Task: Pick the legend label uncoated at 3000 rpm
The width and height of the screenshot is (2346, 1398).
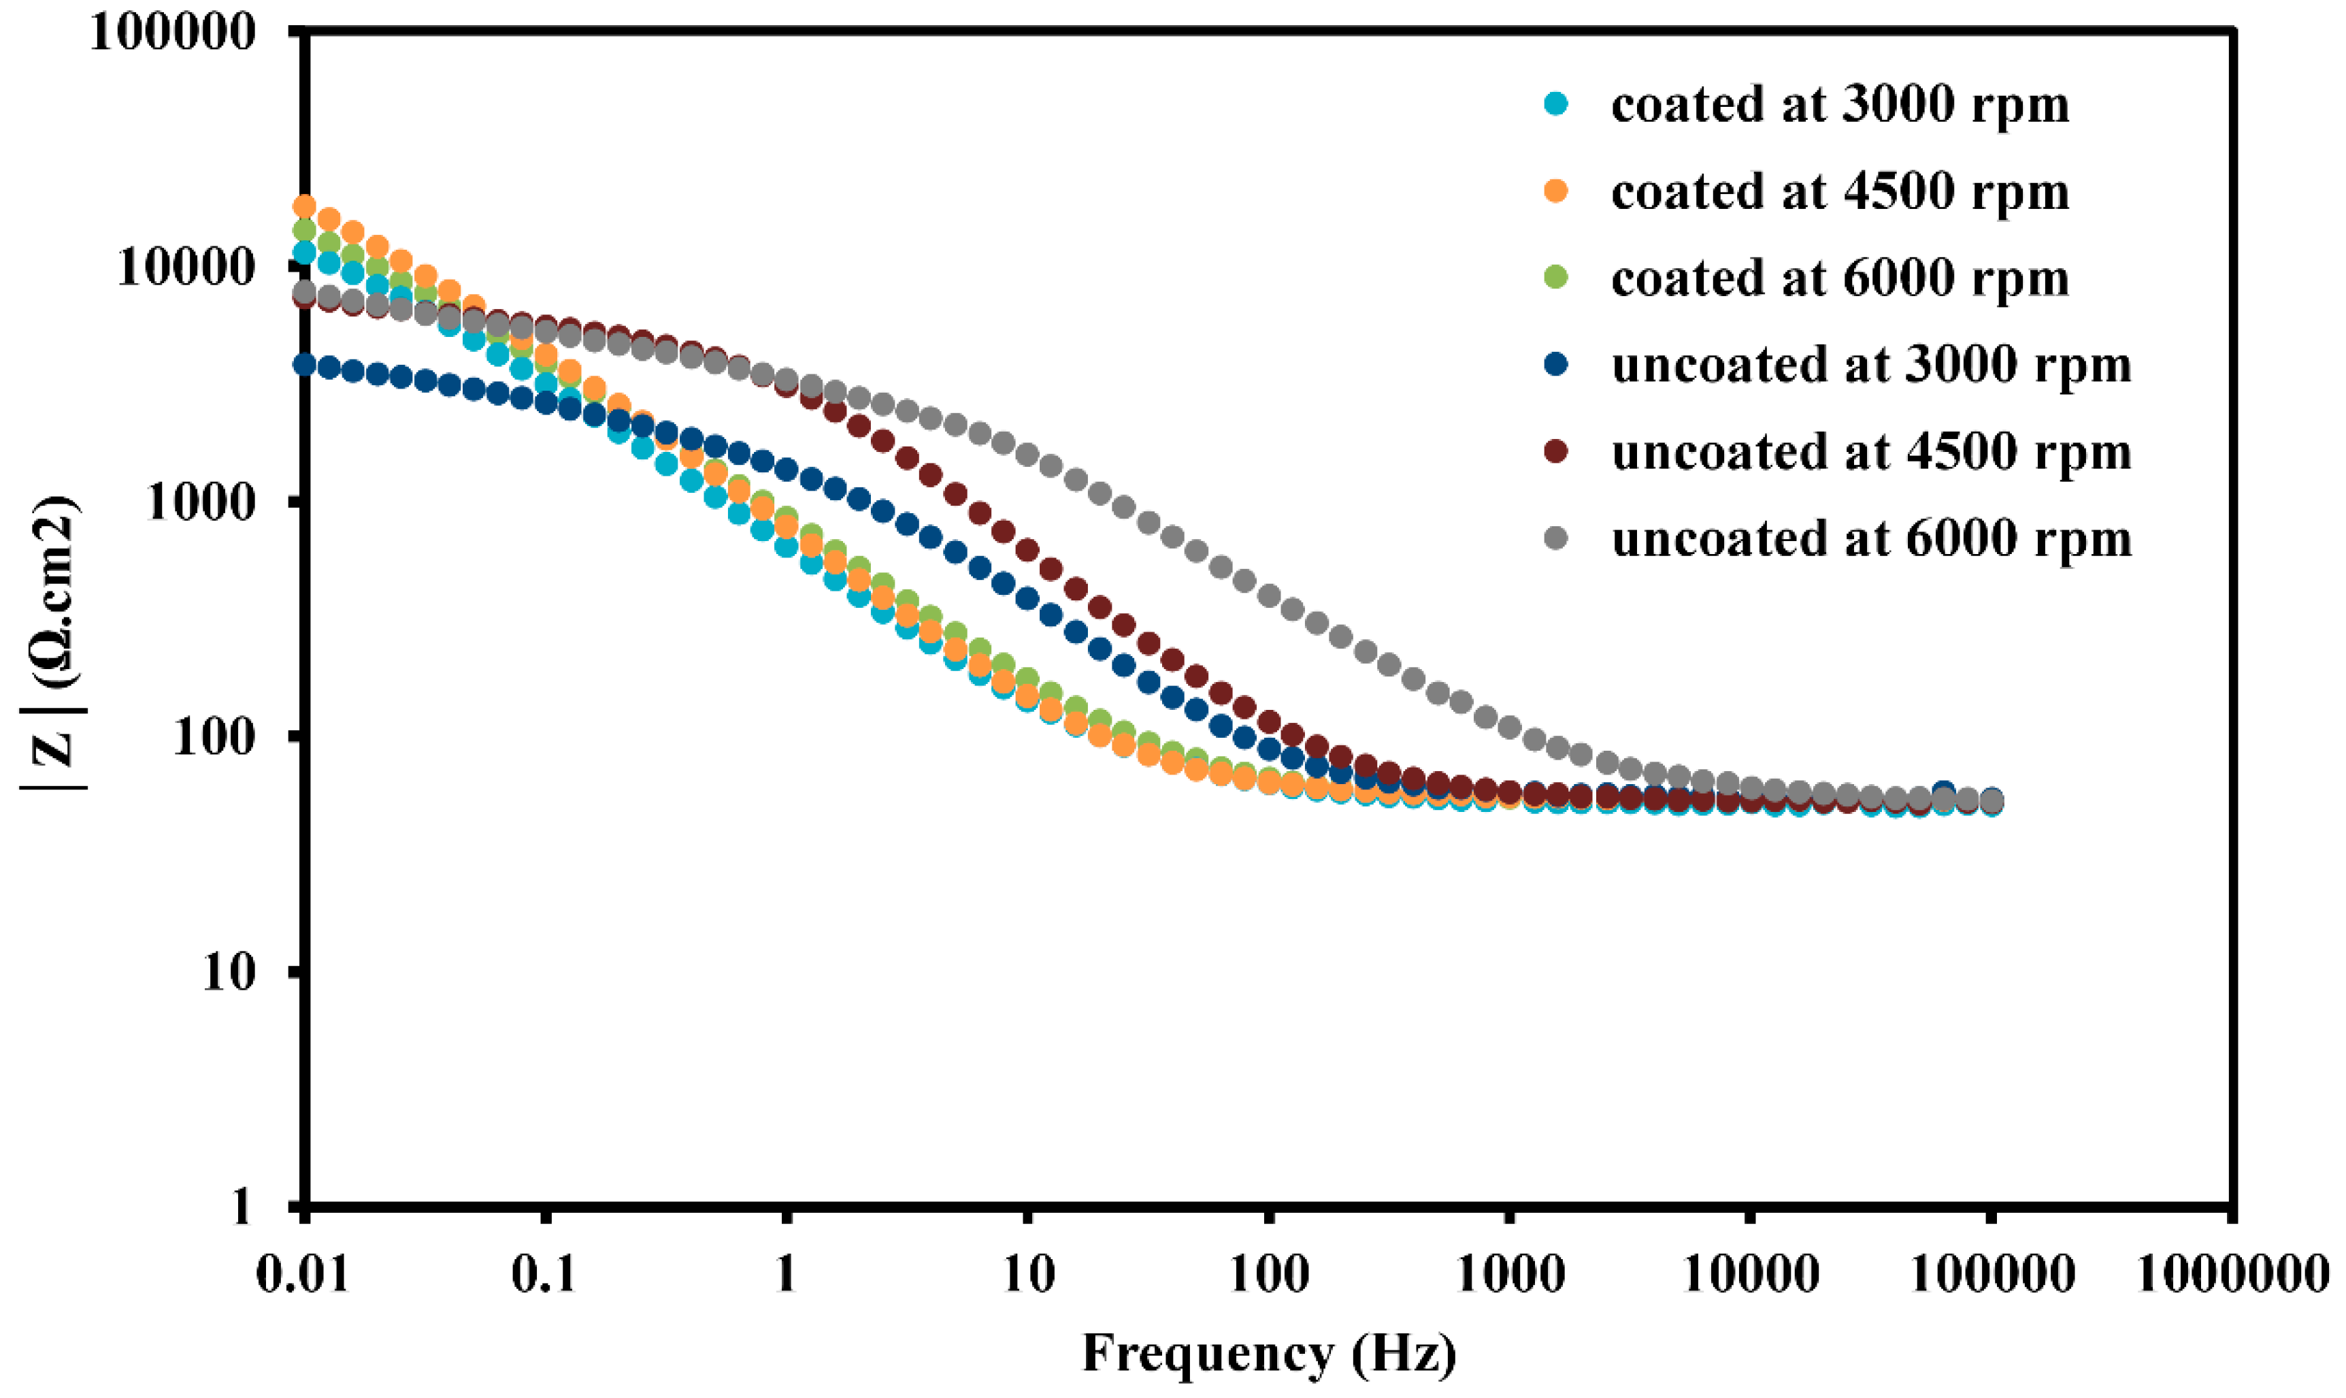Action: click(1870, 365)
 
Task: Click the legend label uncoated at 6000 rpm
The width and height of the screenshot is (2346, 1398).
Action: click(1870, 540)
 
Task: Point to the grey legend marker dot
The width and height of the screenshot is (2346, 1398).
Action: click(1557, 538)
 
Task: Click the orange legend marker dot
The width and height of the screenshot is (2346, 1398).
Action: click(1557, 191)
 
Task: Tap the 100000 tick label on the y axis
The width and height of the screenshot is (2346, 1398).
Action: click(174, 32)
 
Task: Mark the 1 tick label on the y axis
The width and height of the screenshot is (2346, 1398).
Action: click(242, 1206)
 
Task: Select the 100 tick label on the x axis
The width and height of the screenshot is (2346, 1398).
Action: click(1268, 1275)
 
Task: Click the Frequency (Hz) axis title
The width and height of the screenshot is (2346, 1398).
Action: click(1268, 1354)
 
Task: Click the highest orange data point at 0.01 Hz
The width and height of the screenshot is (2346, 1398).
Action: click(304, 206)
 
